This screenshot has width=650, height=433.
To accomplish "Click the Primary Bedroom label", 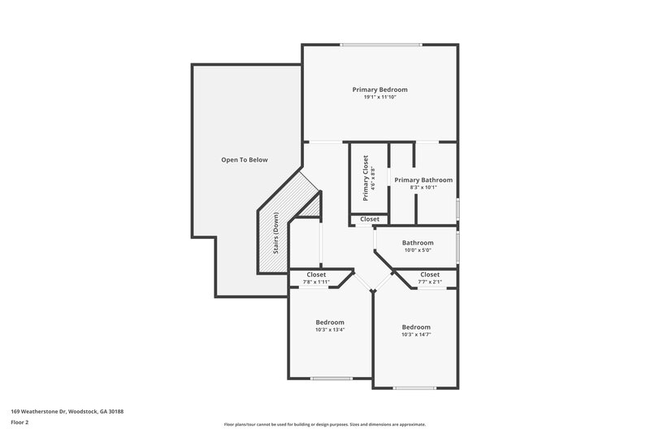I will (379, 89).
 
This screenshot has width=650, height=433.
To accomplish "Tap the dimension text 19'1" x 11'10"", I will (379, 97).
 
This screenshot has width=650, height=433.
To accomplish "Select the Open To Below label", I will (245, 160).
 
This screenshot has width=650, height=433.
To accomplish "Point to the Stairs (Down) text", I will (276, 235).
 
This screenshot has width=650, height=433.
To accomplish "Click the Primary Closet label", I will (366, 178).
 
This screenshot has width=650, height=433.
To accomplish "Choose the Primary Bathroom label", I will (423, 180).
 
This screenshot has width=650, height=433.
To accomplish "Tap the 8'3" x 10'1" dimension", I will (423, 188).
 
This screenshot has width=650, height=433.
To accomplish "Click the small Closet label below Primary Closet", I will (370, 219).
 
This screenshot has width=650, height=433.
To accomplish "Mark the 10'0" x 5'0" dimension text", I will (418, 251).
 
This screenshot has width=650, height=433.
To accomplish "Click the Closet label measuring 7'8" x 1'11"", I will (316, 275).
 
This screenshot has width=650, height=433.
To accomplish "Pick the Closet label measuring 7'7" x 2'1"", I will (430, 275).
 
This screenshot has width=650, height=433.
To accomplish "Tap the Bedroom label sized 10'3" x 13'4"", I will (330, 323).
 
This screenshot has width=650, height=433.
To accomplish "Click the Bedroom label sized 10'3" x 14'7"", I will (416, 327).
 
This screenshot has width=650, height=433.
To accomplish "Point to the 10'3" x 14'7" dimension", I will (416, 335).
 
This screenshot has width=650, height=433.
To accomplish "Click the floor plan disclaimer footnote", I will (324, 424).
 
